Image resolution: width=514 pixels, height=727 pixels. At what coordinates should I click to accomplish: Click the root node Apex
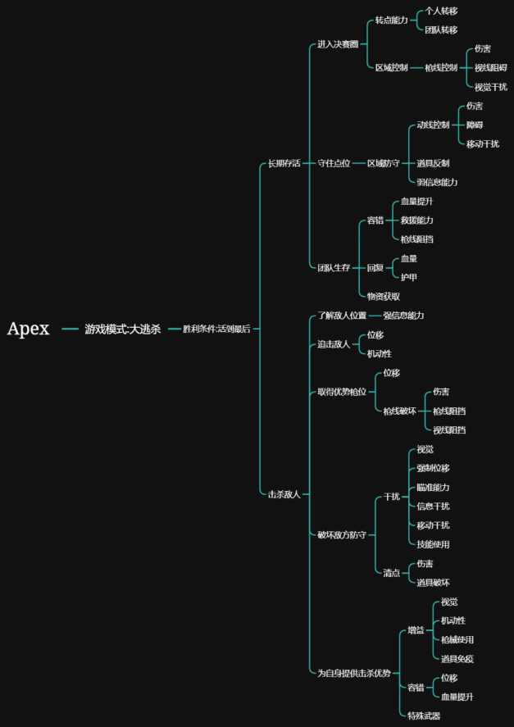pyautogui.click(x=29, y=329)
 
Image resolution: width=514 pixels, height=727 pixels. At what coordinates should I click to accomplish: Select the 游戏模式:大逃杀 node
pyautogui.click(x=122, y=329)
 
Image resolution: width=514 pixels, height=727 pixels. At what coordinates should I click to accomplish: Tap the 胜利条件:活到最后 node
pyautogui.click(x=216, y=329)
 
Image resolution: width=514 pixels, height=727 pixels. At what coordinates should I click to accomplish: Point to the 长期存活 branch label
pyautogui.click(x=284, y=164)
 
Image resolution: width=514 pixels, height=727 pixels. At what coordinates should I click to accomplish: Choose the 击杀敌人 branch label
pyautogui.click(x=284, y=494)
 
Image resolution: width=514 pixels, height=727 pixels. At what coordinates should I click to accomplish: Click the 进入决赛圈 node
pyautogui.click(x=338, y=44)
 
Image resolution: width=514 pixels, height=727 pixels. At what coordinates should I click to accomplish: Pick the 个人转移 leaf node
pyautogui.click(x=441, y=11)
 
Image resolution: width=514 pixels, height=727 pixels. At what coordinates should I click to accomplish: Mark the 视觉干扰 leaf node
pyautogui.click(x=490, y=87)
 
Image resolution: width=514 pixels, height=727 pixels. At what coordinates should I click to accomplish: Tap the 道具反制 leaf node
pyautogui.click(x=433, y=163)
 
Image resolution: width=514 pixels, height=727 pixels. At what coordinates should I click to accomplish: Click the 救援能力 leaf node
pyautogui.click(x=416, y=220)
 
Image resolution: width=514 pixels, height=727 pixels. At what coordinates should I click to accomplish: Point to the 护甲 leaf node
pyautogui.click(x=408, y=277)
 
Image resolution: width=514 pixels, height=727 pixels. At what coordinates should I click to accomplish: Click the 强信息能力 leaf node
pyautogui.click(x=403, y=316)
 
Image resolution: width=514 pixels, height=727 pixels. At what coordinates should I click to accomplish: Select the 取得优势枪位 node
pyautogui.click(x=342, y=392)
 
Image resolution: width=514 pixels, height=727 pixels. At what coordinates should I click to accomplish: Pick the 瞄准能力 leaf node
pyautogui.click(x=433, y=487)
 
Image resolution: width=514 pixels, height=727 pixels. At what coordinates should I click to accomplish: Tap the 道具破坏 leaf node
pyautogui.click(x=433, y=583)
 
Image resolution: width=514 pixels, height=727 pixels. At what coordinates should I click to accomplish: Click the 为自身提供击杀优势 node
pyautogui.click(x=354, y=673)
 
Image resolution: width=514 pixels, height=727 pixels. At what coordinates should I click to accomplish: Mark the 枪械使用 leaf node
pyautogui.click(x=457, y=639)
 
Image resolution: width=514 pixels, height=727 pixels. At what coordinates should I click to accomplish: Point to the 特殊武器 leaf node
pyautogui.click(x=424, y=716)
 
